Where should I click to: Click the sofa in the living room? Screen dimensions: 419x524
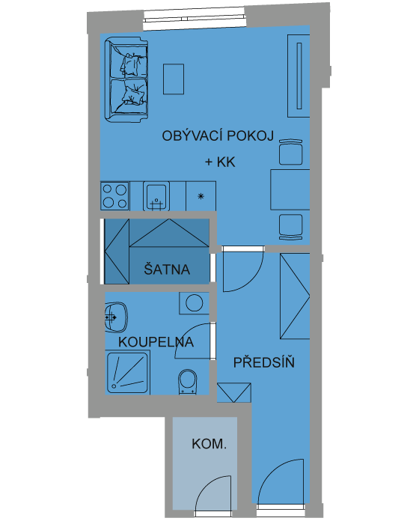pos(126,79)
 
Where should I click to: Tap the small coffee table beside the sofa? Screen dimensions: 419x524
pos(174,79)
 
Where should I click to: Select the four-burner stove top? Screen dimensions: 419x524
pos(114,196)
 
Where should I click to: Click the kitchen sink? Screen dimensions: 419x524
pos(156,196)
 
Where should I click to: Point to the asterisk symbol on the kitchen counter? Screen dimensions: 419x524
pos(201,196)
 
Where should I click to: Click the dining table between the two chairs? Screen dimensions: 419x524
pos(290,189)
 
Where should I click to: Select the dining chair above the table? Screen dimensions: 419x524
pos(291,152)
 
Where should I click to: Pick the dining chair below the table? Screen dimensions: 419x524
pos(291,227)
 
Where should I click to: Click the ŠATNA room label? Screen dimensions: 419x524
pos(167,269)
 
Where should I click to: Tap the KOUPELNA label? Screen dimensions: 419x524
pos(156,342)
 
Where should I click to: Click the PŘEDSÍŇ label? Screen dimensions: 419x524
pos(263,362)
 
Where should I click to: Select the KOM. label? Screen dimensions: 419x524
pos(209,444)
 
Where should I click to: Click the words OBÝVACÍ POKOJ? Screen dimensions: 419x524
pos(218,135)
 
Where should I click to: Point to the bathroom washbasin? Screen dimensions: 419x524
pos(116,317)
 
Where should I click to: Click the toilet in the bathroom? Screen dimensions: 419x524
pos(188,382)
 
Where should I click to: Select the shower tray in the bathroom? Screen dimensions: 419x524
pos(127,373)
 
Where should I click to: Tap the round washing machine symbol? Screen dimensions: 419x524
pos(194,303)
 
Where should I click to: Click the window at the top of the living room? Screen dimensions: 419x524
pos(194,16)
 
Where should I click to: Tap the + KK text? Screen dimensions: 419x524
pos(220,162)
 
